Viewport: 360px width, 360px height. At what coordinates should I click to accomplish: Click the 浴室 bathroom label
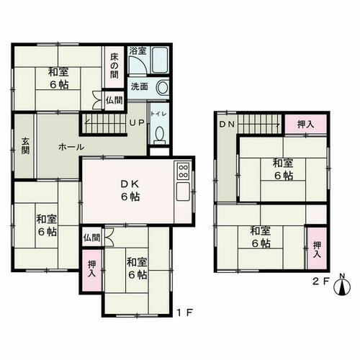(138, 51)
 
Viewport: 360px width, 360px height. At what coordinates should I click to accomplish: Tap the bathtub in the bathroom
(160, 60)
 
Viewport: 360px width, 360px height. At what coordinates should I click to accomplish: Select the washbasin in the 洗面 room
(163, 87)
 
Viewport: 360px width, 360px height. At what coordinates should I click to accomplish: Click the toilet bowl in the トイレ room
(160, 135)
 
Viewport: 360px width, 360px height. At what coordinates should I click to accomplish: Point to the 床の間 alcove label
(114, 66)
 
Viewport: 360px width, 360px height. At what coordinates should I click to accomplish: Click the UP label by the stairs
(137, 122)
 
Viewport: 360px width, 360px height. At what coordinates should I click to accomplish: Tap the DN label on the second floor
(227, 124)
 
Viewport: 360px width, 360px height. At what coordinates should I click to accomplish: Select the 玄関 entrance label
(25, 145)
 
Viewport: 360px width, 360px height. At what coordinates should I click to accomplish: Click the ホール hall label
(71, 147)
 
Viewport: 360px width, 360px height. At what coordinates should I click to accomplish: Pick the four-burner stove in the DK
(183, 171)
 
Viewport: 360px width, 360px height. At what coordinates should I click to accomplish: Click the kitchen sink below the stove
(183, 192)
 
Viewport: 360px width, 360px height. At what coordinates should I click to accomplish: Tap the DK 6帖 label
(130, 190)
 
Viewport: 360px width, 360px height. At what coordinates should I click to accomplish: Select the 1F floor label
(185, 312)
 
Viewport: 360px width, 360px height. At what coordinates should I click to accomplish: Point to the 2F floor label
(320, 282)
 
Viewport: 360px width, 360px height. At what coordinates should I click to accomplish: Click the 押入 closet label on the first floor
(91, 269)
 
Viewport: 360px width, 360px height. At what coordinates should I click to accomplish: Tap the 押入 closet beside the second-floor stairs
(305, 125)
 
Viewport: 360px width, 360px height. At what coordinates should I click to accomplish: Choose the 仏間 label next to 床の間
(114, 100)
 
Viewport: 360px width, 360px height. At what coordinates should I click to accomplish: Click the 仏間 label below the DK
(91, 238)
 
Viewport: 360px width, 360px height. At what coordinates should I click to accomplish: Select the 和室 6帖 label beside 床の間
(58, 78)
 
